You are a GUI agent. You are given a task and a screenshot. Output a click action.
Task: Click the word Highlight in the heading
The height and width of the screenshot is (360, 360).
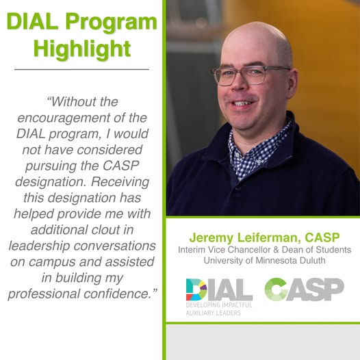82,49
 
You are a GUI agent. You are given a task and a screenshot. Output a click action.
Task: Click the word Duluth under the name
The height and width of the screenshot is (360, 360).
313,260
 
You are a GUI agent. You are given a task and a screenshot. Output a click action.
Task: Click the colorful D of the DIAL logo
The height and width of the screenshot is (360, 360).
196,290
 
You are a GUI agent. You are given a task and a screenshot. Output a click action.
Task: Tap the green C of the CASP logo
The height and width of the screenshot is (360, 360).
276,290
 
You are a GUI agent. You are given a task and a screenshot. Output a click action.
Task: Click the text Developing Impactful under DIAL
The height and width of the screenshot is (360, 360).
219,305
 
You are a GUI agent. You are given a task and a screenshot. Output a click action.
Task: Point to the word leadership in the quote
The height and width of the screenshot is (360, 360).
39,246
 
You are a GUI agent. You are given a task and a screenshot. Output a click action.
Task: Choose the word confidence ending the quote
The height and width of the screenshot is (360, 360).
116,294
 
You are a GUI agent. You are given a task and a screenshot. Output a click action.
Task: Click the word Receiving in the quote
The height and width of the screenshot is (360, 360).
120,182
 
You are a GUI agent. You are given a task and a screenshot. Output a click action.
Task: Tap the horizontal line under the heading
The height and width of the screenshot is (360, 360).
81,69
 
